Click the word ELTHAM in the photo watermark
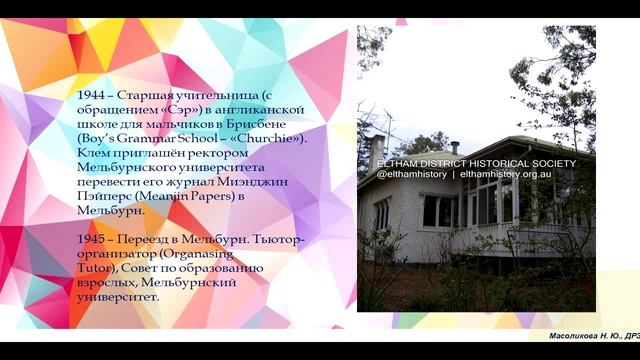coord(399,163)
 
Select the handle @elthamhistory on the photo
coord(411,174)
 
